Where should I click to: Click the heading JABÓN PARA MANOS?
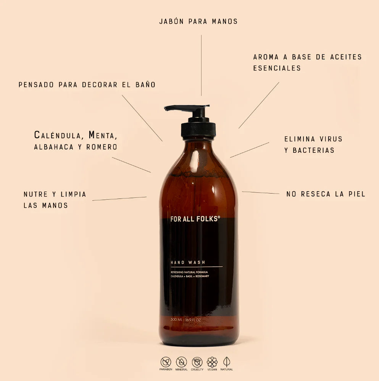[198, 21]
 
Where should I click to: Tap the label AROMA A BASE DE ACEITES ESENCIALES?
[307, 62]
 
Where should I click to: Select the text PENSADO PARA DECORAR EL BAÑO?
[87, 85]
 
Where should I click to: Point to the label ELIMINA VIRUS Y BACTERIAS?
[313, 144]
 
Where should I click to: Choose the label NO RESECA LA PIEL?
[326, 194]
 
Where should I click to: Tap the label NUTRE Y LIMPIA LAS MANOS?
[55, 200]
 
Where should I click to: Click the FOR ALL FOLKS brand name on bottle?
[195, 219]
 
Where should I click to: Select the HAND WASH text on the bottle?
[188, 262]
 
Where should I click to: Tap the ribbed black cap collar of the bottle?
[198, 129]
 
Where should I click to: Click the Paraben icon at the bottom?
[166, 362]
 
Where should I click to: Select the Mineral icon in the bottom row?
[181, 362]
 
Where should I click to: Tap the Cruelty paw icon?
[197, 362]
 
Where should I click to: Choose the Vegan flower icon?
[212, 362]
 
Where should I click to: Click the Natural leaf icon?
[227, 362]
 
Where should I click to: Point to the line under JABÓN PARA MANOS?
[201, 65]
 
